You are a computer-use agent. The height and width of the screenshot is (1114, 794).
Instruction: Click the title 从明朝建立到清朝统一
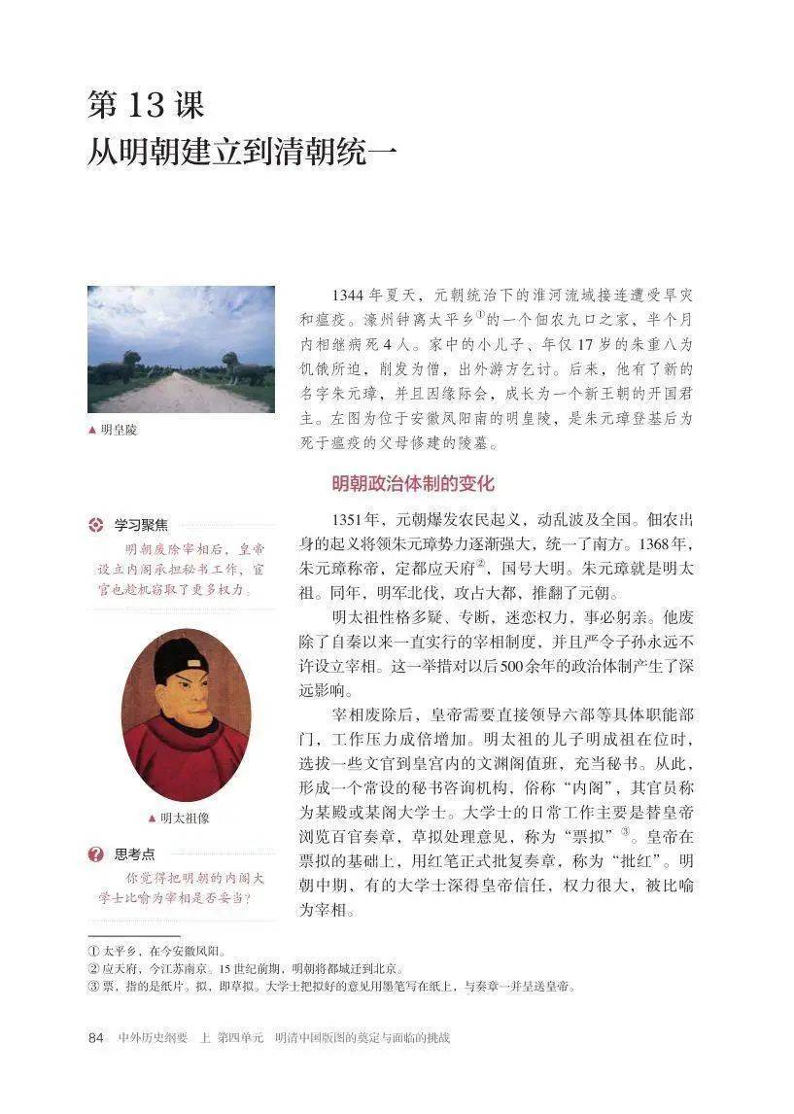click(x=242, y=152)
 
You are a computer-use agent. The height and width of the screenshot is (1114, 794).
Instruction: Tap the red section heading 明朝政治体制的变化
click(x=413, y=483)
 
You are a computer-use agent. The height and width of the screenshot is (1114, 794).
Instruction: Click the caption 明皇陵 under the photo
click(x=117, y=430)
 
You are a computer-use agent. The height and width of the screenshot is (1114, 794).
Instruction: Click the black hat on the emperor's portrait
click(x=180, y=660)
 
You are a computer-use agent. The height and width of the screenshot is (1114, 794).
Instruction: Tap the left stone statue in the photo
click(x=117, y=366)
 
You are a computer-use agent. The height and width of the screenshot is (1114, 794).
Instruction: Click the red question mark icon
click(x=95, y=854)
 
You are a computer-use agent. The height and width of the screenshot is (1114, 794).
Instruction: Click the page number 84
click(x=95, y=1037)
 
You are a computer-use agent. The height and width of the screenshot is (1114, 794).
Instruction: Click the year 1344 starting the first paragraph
click(x=347, y=295)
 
